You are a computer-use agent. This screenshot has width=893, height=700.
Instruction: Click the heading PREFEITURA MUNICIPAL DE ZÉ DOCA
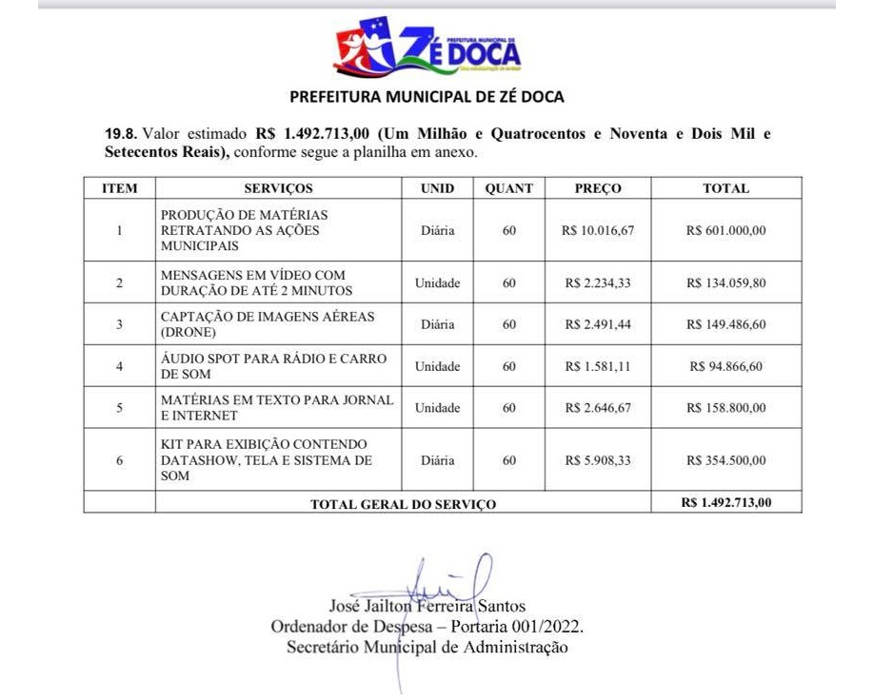(x=426, y=97)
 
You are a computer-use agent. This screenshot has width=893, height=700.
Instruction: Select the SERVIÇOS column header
(x=278, y=188)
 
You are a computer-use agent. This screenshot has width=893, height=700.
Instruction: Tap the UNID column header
(x=438, y=188)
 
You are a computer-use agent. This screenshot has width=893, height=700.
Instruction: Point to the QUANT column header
(x=509, y=188)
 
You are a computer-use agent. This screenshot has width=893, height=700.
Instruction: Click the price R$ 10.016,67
(x=598, y=230)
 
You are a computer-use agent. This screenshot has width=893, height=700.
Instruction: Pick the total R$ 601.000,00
(x=725, y=230)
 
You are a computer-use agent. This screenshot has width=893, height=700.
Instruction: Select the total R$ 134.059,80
(x=725, y=282)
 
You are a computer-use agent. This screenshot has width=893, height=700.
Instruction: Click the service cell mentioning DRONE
(x=268, y=324)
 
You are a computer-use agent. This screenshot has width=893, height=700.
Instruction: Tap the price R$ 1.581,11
(x=598, y=366)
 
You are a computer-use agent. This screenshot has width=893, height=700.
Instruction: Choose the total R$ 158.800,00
(x=725, y=408)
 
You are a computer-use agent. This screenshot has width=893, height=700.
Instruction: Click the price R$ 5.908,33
(x=598, y=460)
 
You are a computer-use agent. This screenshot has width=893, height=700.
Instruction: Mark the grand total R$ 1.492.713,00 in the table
(x=726, y=502)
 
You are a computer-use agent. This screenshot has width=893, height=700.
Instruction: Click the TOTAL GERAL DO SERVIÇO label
(x=404, y=504)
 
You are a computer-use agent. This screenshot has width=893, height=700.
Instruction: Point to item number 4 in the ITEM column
(x=119, y=366)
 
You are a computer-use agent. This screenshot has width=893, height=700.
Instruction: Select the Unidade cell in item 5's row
(x=438, y=408)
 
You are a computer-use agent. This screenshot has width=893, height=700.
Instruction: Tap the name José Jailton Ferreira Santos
(x=427, y=606)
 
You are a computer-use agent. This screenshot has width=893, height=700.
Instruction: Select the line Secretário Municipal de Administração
(x=427, y=648)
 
